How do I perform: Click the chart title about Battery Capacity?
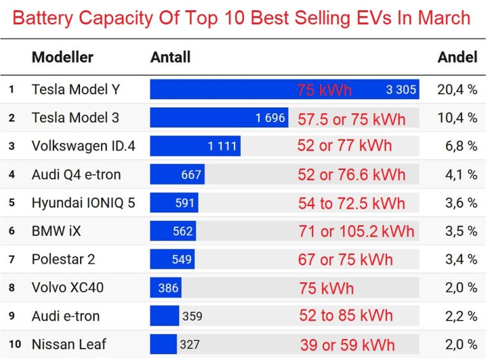[x=241, y=17]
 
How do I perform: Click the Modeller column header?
[x=62, y=57]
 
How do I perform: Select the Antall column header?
[x=170, y=57]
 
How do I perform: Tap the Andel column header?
[x=457, y=57]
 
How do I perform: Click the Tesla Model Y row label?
[x=75, y=90]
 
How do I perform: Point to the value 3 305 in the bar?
[x=401, y=90]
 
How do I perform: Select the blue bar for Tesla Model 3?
[x=219, y=118]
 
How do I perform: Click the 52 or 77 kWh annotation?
[x=344, y=146]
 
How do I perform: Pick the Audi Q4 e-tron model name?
[x=76, y=174]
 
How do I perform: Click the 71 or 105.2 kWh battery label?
[x=356, y=231]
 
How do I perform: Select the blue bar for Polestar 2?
[x=172, y=259]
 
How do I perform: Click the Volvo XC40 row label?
[x=67, y=287]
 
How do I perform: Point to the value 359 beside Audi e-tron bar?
[x=192, y=316]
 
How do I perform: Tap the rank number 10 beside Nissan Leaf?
[x=15, y=344]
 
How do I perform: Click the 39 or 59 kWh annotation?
[x=347, y=345]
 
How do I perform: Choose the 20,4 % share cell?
[x=457, y=90]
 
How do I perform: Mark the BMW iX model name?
[x=56, y=231]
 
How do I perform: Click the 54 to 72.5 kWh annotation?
[x=351, y=203]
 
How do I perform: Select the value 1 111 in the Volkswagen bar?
[x=222, y=146]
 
